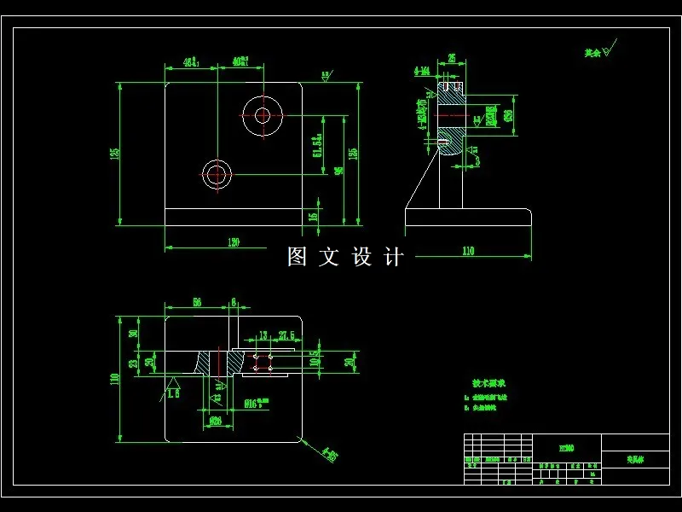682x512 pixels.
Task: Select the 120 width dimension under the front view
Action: point(233,242)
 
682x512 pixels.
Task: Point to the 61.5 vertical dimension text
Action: point(317,145)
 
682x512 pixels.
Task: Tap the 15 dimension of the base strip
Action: point(313,217)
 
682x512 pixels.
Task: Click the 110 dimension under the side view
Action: point(468,250)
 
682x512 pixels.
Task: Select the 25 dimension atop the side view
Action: point(451,59)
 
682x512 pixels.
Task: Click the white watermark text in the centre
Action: point(344,257)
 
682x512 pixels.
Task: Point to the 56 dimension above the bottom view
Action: point(196,302)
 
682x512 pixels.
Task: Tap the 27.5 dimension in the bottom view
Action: point(286,335)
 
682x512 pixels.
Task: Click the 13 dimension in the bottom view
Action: point(263,335)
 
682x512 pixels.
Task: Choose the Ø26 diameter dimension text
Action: point(216,420)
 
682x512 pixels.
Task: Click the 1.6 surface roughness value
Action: point(173,393)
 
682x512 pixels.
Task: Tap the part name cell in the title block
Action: point(635,459)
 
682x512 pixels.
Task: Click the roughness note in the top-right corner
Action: point(596,53)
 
